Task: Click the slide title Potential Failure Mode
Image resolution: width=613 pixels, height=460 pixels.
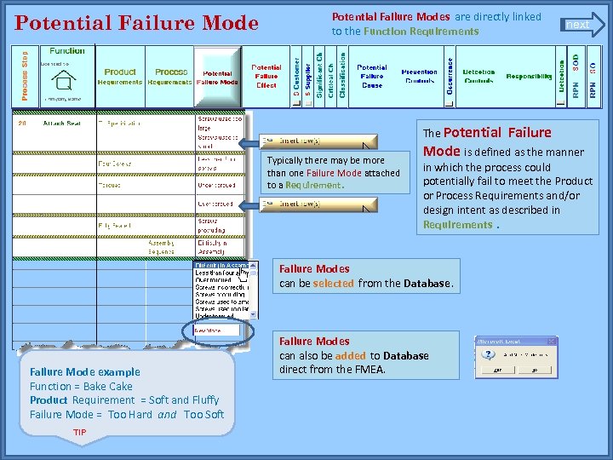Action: click(x=137, y=23)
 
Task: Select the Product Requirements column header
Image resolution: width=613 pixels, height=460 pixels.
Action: click(x=120, y=77)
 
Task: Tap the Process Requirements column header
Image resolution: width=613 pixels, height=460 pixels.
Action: click(x=171, y=77)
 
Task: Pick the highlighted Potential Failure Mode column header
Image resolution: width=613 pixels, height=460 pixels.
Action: click(x=217, y=78)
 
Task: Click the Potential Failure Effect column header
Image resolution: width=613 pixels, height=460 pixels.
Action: click(x=266, y=77)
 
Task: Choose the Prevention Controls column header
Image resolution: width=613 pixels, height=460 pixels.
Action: click(x=419, y=77)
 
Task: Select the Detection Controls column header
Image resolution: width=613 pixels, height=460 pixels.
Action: click(x=478, y=77)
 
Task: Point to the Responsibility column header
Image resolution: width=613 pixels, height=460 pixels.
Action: click(x=529, y=77)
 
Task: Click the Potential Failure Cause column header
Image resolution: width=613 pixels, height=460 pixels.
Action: click(x=371, y=77)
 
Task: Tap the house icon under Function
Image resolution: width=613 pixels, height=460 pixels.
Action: click(x=62, y=81)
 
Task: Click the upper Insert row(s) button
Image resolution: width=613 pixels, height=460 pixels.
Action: click(x=319, y=141)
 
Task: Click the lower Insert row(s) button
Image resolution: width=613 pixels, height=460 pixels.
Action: click(x=319, y=204)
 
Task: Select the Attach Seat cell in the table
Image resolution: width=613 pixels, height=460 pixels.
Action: click(x=61, y=124)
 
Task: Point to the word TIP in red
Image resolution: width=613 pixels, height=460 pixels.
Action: click(x=79, y=433)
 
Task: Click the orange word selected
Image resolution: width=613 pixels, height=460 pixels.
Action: click(x=333, y=283)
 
